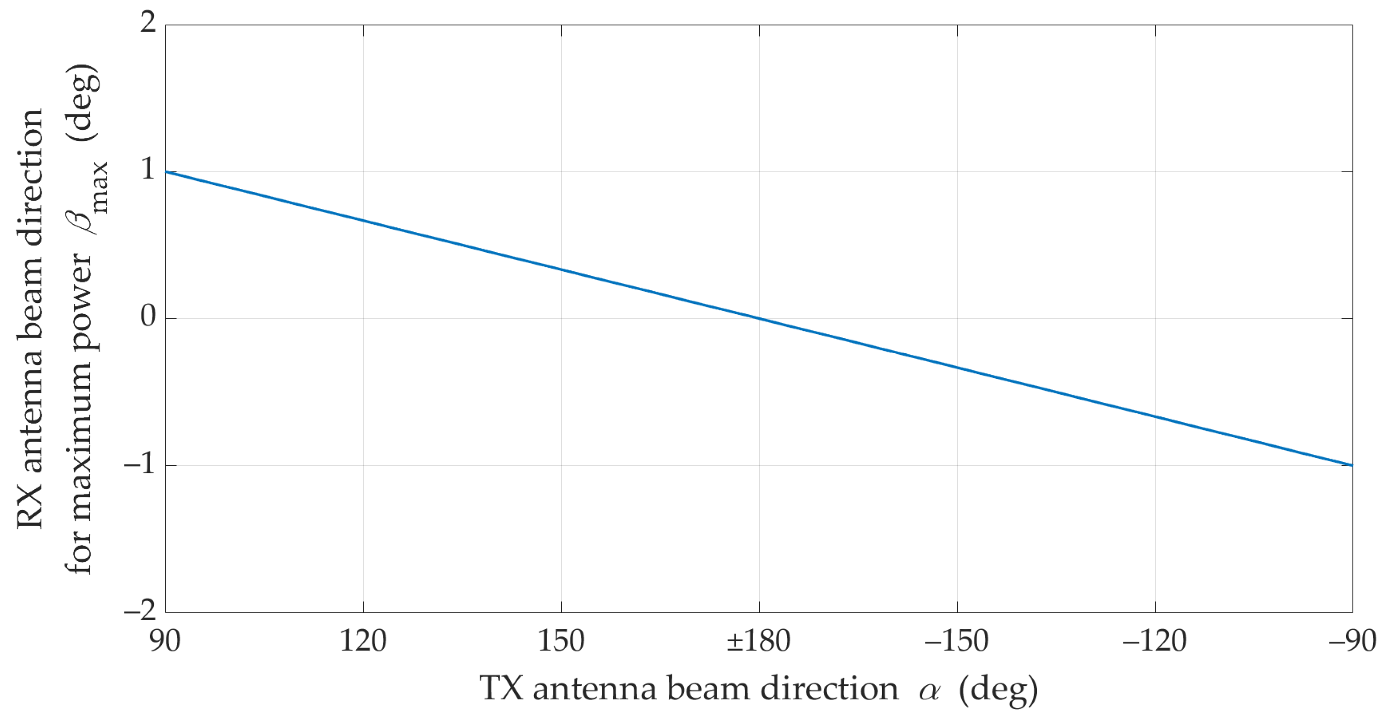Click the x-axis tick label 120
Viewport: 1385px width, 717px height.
(363, 641)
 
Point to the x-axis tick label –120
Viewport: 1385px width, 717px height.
(1154, 641)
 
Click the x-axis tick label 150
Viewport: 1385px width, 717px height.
(561, 641)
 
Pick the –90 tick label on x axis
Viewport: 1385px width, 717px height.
(1352, 641)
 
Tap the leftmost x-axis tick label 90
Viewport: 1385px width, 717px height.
(165, 641)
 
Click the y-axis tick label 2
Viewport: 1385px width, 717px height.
(148, 23)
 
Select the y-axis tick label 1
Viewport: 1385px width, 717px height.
(148, 170)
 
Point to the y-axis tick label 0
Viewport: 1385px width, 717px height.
(148, 316)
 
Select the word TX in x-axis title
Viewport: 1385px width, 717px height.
(501, 688)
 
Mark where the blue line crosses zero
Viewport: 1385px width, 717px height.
(759, 319)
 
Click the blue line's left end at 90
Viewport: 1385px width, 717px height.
(165, 172)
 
